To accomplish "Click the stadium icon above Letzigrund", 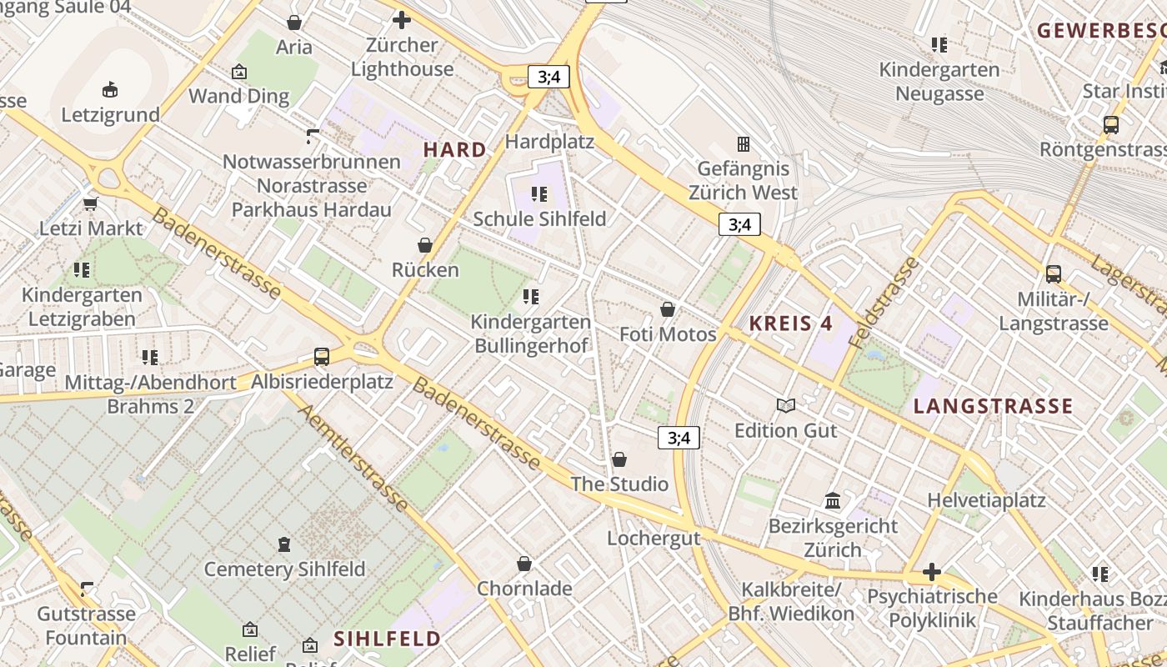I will pos(109,89).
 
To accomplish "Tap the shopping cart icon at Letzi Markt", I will pos(91,203).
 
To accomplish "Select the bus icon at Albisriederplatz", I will pos(322,357).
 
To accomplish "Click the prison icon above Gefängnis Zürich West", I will pos(743,144).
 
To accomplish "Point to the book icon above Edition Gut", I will pos(785,406).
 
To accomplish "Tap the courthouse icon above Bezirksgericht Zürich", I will pos(832,501).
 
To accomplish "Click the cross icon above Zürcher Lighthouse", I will pos(402,20).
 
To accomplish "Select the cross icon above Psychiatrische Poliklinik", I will pos(932,572).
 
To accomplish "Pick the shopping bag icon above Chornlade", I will pos(524,564).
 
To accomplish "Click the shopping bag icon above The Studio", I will pos(619,459).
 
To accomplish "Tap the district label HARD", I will pos(454,150).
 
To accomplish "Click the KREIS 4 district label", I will pos(790,323).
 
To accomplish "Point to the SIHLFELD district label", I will pos(387,639).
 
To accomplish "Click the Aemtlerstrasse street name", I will pos(353,458).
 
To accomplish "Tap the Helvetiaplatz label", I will pos(986,500).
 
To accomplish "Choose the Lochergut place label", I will pos(654,538).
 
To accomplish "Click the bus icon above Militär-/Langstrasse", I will pos(1053,274).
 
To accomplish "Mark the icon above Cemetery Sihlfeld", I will pos(284,544).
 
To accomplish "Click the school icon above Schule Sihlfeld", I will pos(539,194).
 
